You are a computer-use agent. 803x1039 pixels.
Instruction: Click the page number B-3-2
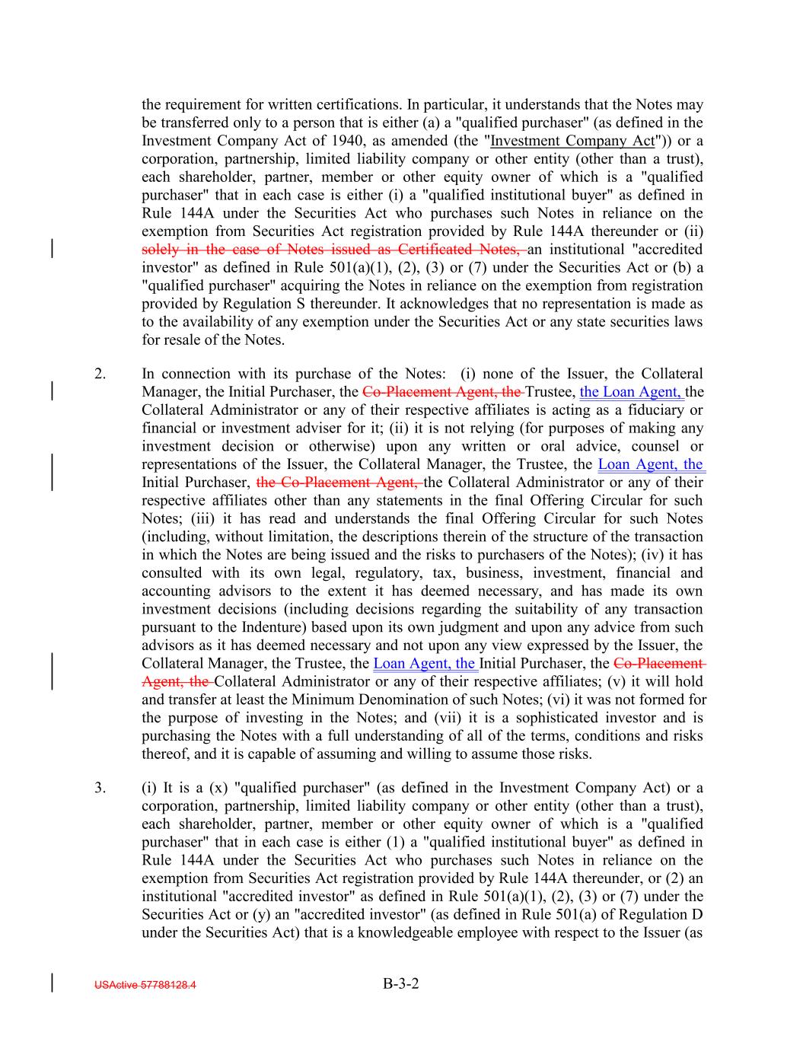[x=401, y=983]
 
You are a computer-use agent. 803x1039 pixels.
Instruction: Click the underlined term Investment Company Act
[x=572, y=141]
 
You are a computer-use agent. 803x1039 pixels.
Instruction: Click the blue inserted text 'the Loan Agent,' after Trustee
[x=632, y=392]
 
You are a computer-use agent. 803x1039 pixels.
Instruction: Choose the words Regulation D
[x=661, y=915]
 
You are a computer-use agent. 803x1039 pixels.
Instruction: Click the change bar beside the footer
[x=52, y=983]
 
